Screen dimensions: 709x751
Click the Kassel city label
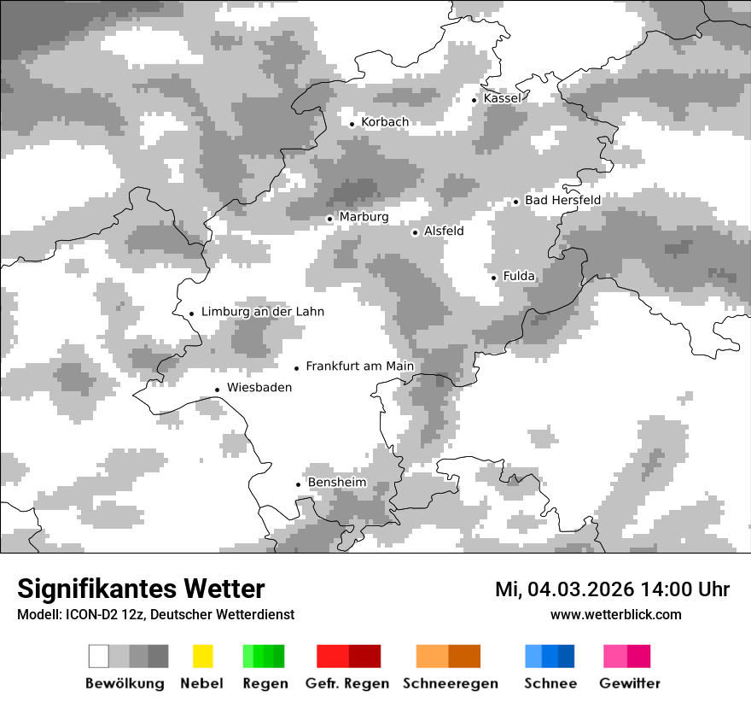[x=502, y=98]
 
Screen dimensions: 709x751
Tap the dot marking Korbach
[x=352, y=124]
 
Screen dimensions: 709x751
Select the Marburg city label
[x=364, y=217]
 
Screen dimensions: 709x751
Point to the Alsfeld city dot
[x=415, y=232]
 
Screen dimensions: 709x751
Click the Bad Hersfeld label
[x=562, y=200]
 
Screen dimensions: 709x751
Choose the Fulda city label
[x=519, y=276]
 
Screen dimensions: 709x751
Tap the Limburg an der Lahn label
[x=262, y=312]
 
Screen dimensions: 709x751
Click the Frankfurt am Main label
[x=359, y=366]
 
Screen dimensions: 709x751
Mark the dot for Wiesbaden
[x=218, y=390]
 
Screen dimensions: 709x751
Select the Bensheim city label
[x=337, y=483]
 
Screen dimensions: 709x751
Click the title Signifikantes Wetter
[x=141, y=589]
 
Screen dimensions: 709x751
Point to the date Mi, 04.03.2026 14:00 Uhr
[x=612, y=589]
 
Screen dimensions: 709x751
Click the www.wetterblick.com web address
[x=615, y=614]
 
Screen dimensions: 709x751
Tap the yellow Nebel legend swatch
[x=202, y=656]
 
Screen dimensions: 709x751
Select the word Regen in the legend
[x=264, y=683]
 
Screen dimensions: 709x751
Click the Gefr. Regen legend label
[x=347, y=683]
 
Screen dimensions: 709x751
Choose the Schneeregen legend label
[x=451, y=683]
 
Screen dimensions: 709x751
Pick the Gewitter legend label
[x=629, y=683]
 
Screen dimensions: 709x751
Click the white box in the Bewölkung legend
[x=99, y=656]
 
